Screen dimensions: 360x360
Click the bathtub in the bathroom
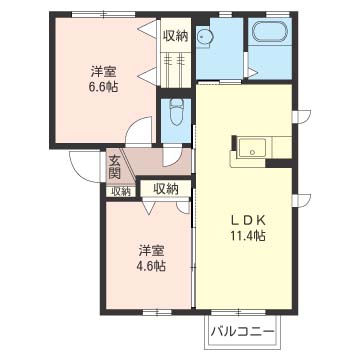tap(270, 33)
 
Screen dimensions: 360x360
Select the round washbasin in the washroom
tap(203, 38)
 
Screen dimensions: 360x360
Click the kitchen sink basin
tap(252, 149)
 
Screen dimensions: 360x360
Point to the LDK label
tap(248, 220)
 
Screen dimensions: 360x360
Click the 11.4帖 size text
tap(248, 236)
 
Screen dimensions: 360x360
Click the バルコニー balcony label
tap(243, 332)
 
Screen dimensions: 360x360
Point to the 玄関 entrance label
tap(114, 168)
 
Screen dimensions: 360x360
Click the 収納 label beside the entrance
tap(121, 191)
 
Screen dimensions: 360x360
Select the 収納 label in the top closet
tap(176, 36)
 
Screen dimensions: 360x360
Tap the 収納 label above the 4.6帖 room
tap(166, 189)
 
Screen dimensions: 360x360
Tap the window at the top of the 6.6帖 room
tap(104, 14)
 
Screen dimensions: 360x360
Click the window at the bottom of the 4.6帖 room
tap(157, 313)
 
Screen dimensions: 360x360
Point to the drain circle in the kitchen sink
tap(253, 152)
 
